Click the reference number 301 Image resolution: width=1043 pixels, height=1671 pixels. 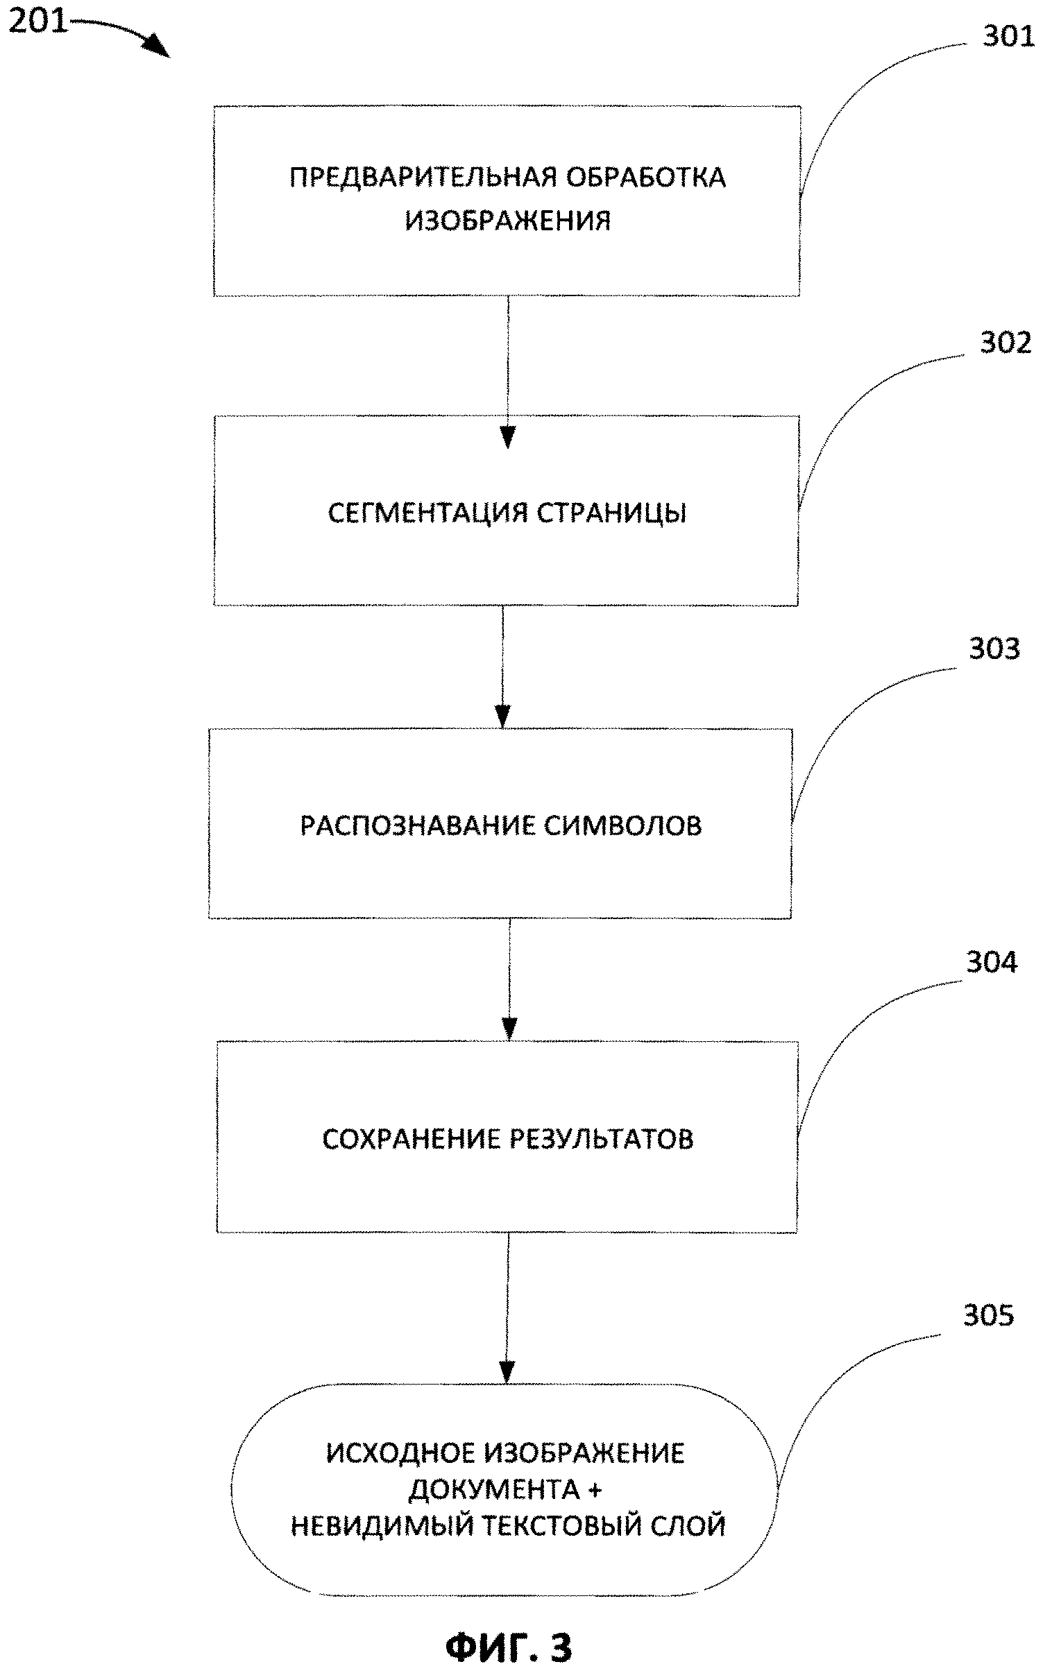pyautogui.click(x=1008, y=37)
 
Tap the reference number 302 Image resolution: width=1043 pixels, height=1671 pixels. pyautogui.click(x=1006, y=343)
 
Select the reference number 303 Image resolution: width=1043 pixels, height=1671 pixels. pyautogui.click(x=994, y=649)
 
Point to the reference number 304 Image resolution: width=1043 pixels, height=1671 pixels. pyautogui.click(x=992, y=962)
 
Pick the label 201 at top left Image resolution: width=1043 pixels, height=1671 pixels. pyautogui.click(x=39, y=22)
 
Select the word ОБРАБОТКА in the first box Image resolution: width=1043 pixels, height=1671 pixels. pyautogui.click(x=646, y=178)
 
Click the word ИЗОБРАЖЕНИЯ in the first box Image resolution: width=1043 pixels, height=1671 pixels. pyautogui.click(x=508, y=221)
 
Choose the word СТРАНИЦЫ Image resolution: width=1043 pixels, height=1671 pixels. pyautogui.click(x=612, y=513)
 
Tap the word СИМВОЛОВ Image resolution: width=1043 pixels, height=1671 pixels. pyautogui.click(x=622, y=825)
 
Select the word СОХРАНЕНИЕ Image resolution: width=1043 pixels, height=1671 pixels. pyautogui.click(x=412, y=1139)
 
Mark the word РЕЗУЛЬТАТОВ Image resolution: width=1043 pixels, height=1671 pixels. pyautogui.click(x=602, y=1139)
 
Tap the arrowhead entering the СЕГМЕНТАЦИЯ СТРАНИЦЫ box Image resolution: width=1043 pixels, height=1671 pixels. pyautogui.click(x=508, y=438)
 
